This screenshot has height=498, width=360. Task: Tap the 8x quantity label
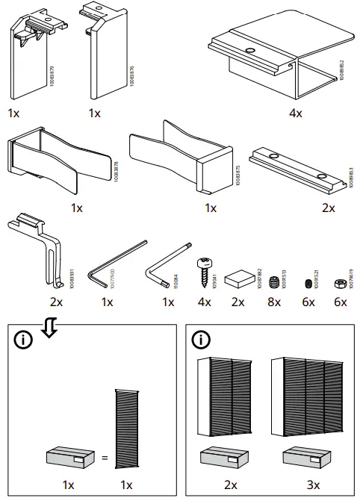point(274,302)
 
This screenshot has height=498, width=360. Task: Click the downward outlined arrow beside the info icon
point(49,326)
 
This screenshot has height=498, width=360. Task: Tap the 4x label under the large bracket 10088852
point(295,113)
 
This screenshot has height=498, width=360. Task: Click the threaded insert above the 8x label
point(274,282)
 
